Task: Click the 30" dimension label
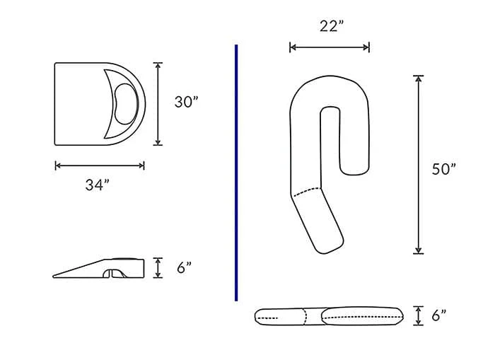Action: (x=186, y=102)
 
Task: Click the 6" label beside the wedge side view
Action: (x=184, y=268)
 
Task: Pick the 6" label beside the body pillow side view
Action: (x=438, y=315)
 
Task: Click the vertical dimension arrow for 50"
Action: (x=419, y=164)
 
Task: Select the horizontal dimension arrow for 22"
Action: (x=329, y=47)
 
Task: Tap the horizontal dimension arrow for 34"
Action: (x=99, y=166)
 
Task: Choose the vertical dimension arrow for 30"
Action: (x=158, y=103)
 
